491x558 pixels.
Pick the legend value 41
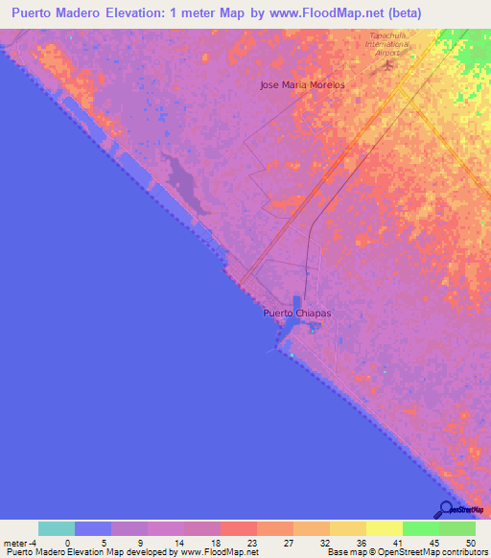click(399, 542)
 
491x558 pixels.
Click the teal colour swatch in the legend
click(57, 528)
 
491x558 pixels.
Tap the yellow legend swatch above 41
click(385, 528)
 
